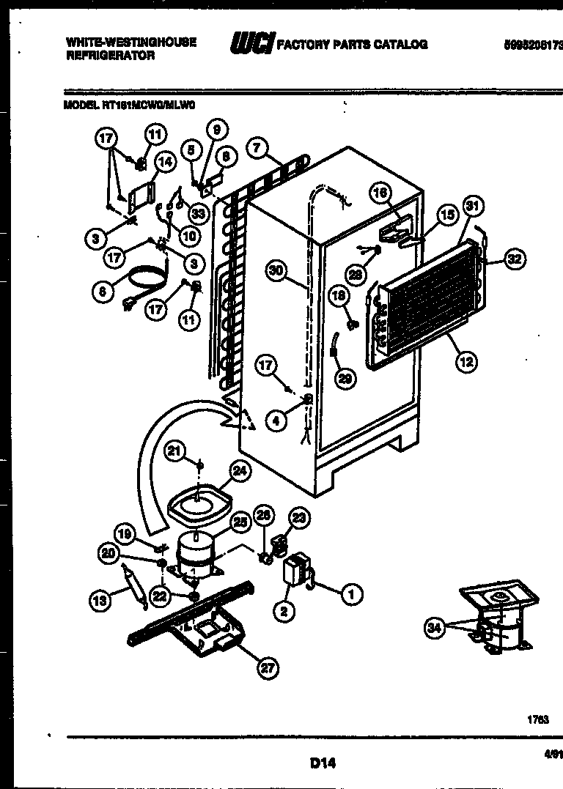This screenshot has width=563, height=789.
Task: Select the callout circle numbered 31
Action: [471, 207]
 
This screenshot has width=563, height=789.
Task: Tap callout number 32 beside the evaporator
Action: [516, 259]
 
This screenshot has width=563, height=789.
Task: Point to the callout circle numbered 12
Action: [466, 360]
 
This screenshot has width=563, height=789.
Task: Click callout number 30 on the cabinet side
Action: [276, 270]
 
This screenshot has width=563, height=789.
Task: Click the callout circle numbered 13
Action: [98, 601]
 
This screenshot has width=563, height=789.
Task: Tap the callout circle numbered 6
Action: [103, 292]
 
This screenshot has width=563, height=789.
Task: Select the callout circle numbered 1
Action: [351, 595]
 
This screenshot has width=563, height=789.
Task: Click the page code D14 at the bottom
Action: [322, 763]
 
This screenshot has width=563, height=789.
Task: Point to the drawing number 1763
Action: [537, 719]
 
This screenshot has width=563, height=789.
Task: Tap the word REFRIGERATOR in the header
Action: [109, 56]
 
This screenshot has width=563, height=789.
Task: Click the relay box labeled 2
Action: [295, 570]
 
